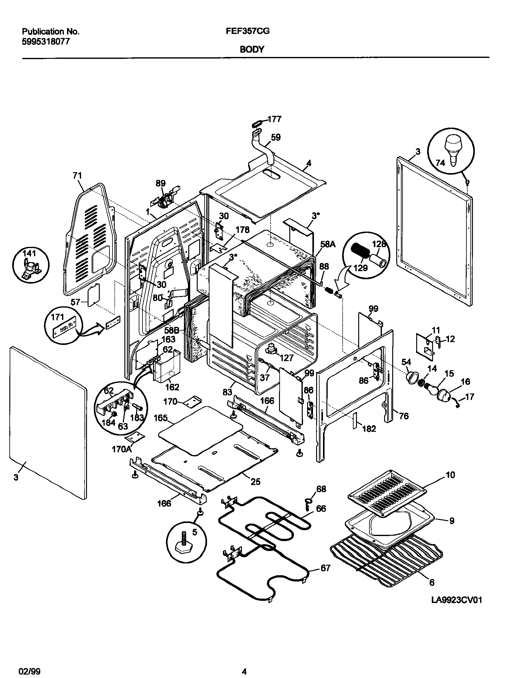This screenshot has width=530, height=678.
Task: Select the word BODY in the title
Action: (252, 49)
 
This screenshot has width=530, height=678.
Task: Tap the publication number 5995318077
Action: (46, 41)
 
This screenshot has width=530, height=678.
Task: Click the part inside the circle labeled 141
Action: (31, 269)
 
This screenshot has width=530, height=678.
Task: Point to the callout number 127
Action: (286, 358)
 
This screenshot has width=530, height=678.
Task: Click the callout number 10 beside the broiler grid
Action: (450, 475)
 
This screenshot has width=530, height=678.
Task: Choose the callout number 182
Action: (369, 429)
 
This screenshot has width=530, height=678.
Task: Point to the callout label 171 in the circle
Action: (57, 317)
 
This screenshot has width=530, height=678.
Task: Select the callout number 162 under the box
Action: (172, 387)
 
